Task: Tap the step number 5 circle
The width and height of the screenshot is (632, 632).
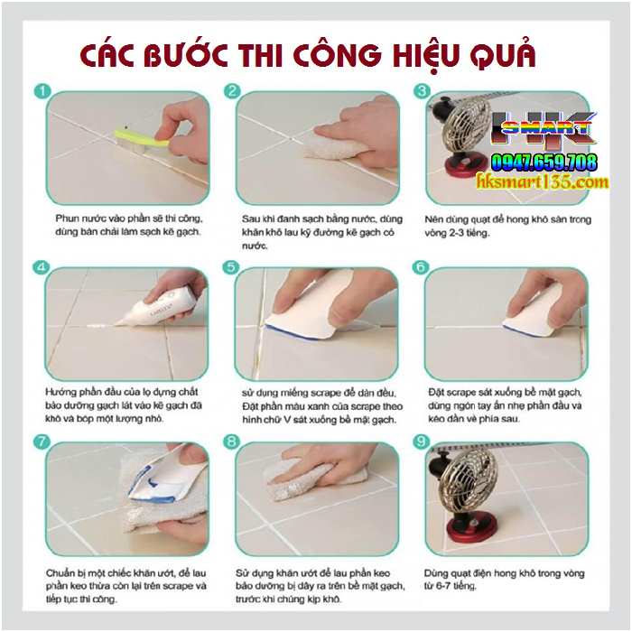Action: [x=232, y=267]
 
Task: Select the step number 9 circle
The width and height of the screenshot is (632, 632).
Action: [x=421, y=441]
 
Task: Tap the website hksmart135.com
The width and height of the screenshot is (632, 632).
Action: [x=543, y=182]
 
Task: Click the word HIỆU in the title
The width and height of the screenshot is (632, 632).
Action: [x=398, y=55]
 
